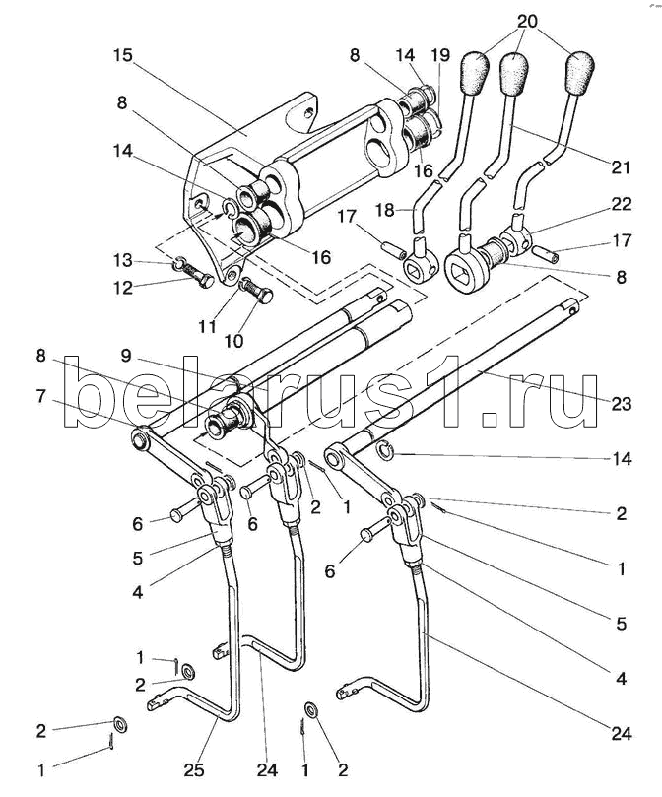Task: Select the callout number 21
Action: (619, 167)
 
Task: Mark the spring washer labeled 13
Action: (179, 264)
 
